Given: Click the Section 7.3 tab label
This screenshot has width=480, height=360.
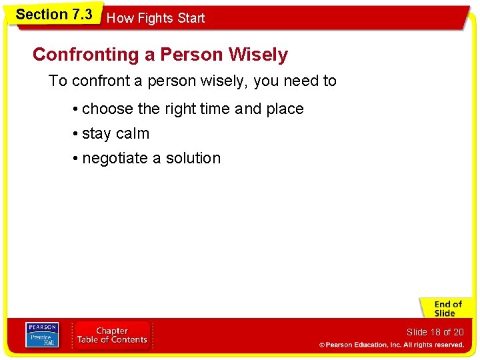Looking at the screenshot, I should [54, 14].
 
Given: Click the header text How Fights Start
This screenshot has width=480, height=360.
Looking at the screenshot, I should [155, 19].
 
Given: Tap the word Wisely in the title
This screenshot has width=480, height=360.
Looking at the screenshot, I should [258, 55].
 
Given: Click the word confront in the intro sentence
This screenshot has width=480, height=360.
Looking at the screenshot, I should [100, 81].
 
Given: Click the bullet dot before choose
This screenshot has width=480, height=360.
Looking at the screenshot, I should [77, 109].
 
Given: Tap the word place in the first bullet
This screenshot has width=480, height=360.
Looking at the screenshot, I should [285, 109].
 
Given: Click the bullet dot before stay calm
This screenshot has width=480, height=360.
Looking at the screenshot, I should [77, 134].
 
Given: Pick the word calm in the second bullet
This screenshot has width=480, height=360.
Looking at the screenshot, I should [132, 133].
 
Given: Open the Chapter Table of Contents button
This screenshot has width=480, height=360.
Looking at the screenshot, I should [112, 335].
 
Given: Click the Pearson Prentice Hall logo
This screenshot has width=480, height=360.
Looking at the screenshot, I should [42, 335].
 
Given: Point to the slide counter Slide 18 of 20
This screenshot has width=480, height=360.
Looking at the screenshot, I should [435, 332].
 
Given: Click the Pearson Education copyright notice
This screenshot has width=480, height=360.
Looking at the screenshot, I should [391, 345].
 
